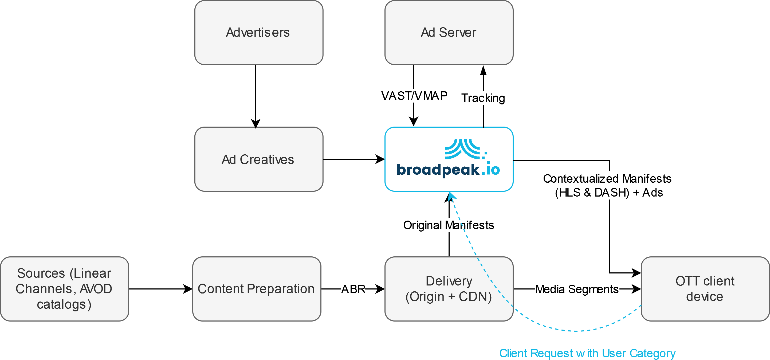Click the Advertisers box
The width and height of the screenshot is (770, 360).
click(258, 32)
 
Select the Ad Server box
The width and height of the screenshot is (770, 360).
click(449, 32)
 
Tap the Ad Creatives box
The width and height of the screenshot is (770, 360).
click(258, 159)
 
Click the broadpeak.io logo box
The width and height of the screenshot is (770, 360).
click(449, 159)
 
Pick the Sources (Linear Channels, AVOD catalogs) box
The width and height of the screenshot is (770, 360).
click(64, 289)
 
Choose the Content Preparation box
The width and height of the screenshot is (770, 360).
click(257, 289)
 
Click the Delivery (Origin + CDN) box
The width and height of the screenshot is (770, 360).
click(449, 289)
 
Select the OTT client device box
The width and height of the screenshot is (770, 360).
click(705, 289)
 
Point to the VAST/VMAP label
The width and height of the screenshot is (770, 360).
click(414, 96)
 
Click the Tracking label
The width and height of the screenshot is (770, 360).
click(483, 98)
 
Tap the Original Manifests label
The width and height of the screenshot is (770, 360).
click(449, 225)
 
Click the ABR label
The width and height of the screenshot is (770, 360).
click(353, 289)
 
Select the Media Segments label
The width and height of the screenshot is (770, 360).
click(577, 289)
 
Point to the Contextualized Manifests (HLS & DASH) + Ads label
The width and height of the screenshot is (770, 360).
click(609, 185)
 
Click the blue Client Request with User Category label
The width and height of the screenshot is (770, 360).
click(587, 353)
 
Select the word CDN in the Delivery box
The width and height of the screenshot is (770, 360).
click(475, 297)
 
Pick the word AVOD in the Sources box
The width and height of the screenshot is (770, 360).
click(96, 289)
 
